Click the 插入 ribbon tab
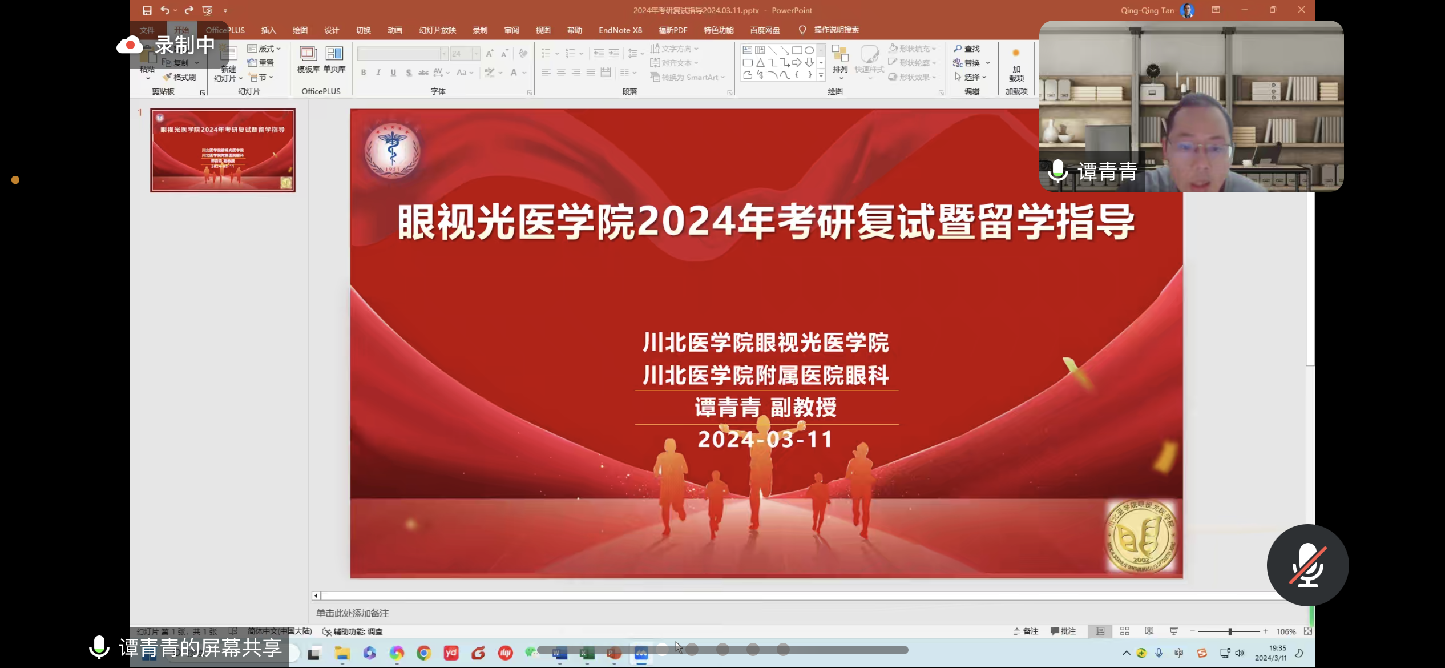pos(268,30)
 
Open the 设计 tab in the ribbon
pos(332,30)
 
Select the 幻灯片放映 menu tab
pos(437,30)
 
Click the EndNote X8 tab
pos(620,30)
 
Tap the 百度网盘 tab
pos(765,30)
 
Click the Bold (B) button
pos(364,73)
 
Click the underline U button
pos(393,73)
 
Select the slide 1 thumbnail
pos(223,150)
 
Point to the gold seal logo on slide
pos(1141,536)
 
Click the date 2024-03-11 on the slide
pos(765,439)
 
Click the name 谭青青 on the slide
pos(728,408)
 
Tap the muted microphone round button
pos(1307,565)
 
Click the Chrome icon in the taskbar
pos(423,653)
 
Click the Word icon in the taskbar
pos(560,653)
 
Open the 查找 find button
pos(967,49)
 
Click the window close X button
pos(1301,10)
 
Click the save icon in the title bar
pos(147,10)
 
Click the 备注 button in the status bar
pos(1026,631)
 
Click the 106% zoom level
pos(1286,631)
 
